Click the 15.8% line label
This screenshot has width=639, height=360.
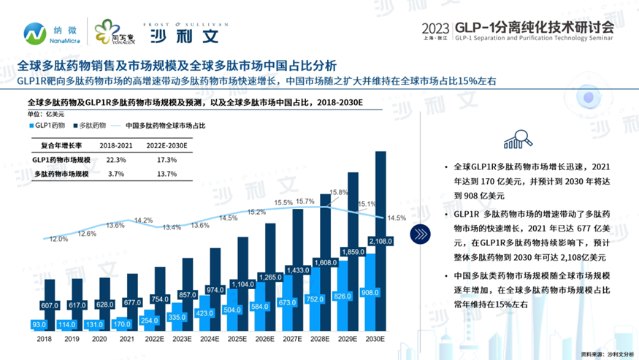[339, 192]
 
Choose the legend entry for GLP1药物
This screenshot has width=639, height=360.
[48, 125]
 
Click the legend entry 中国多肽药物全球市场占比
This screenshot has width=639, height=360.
[164, 125]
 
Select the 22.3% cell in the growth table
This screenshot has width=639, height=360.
[116, 159]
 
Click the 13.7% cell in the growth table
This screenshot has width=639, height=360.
[167, 174]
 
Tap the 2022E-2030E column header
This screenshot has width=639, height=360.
[167, 145]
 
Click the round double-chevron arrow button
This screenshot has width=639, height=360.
[420, 234]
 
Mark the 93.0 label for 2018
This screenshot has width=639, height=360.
[41, 323]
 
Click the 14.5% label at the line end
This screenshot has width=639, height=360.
[397, 218]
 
